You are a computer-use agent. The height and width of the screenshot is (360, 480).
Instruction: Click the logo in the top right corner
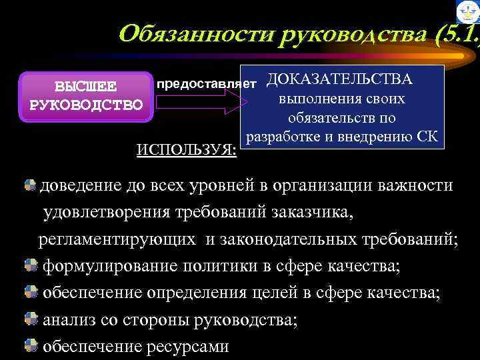pos(467,13)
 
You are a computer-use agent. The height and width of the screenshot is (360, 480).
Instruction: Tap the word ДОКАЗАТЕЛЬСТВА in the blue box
pos(339,80)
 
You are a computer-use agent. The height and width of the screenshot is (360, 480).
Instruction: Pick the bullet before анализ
pos(31,320)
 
